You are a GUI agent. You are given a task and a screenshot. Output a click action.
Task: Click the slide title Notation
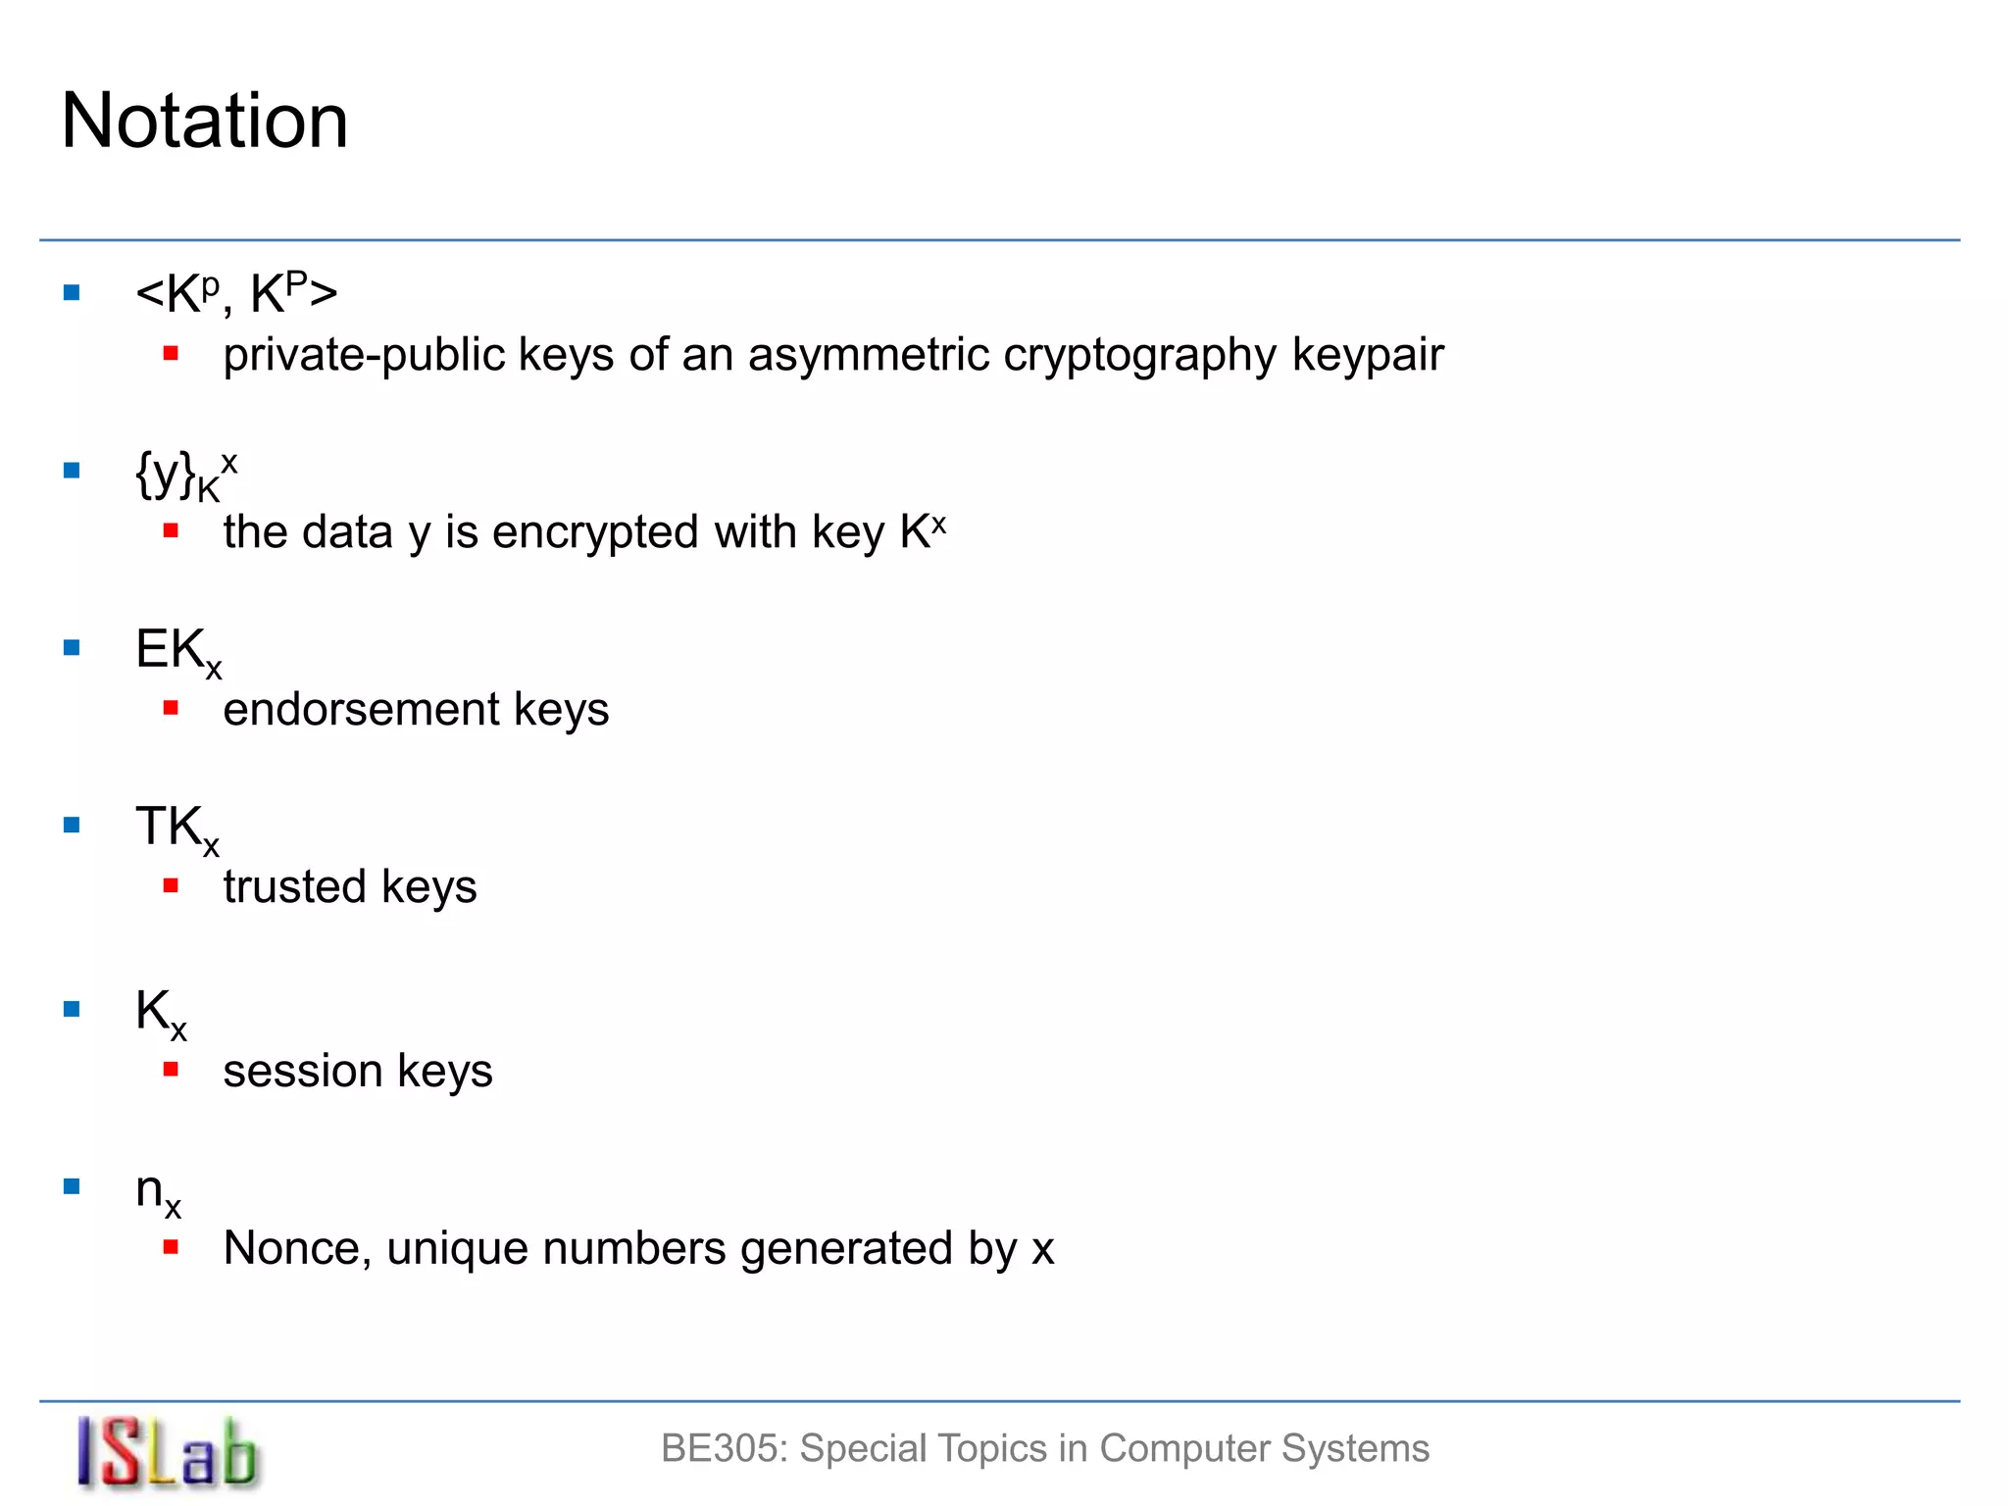pos(205,121)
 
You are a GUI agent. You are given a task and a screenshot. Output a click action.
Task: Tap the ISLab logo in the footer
pos(168,1453)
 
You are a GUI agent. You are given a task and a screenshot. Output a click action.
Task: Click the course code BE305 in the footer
pos(724,1448)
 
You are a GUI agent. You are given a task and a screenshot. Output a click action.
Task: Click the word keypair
pos(1368,356)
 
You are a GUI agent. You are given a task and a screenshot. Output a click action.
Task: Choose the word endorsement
pos(362,709)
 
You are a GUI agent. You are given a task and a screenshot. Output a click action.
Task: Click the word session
pos(303,1071)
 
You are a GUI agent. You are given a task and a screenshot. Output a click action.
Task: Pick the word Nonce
pos(297,1249)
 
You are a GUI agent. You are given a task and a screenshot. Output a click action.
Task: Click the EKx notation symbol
pos(178,652)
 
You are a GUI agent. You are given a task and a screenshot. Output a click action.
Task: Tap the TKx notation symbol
pos(177,829)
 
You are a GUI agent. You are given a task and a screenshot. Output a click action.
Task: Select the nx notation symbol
pos(158,1193)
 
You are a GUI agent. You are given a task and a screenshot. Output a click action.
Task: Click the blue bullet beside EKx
pos(72,647)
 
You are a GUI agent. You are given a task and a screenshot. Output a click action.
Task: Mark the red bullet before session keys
pos(171,1069)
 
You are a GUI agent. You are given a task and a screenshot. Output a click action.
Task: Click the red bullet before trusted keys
pos(171,885)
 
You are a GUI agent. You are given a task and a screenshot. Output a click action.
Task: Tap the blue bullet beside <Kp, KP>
pos(72,292)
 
